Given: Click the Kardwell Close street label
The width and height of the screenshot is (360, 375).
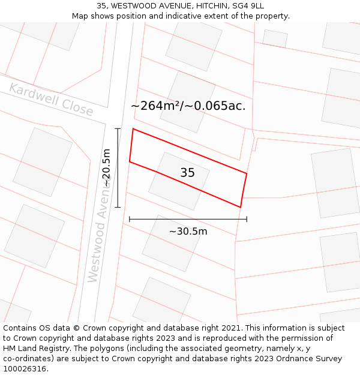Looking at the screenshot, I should [x=52, y=100].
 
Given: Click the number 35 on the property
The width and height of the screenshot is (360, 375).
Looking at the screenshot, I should [x=187, y=173].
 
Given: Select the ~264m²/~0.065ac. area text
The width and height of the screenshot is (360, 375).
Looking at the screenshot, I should [x=188, y=106].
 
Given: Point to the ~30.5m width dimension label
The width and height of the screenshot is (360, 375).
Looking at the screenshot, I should [x=188, y=232].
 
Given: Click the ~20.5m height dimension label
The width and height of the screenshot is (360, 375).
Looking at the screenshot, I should [x=107, y=168].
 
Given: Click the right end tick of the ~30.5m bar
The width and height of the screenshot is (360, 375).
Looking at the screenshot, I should [x=247, y=220].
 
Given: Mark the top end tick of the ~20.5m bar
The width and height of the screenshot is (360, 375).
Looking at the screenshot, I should [x=118, y=128].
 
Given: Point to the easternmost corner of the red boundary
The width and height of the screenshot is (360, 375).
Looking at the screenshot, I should [x=247, y=173].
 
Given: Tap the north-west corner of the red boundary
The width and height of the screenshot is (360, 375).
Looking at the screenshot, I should [x=133, y=128].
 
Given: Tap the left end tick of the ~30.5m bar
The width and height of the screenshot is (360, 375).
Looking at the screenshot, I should [x=130, y=220].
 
